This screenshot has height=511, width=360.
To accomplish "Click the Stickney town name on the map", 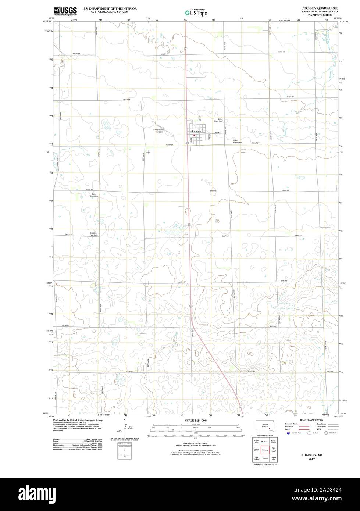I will (196, 131).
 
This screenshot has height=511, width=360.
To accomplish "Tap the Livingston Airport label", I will (158, 131).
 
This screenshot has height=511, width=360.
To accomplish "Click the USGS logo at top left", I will (65, 10).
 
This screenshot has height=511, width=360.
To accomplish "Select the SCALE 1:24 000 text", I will (196, 420).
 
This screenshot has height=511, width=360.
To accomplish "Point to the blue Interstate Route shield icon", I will (288, 433).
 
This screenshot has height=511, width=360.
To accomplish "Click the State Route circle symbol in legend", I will (326, 433).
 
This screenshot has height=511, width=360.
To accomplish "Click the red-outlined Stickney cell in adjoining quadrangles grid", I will (265, 449).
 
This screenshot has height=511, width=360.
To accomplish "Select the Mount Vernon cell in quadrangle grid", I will (273, 440).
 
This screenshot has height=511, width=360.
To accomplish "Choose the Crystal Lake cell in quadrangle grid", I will (256, 440).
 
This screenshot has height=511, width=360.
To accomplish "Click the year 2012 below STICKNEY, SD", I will (311, 459).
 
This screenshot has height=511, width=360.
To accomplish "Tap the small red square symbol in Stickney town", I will (194, 135).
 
